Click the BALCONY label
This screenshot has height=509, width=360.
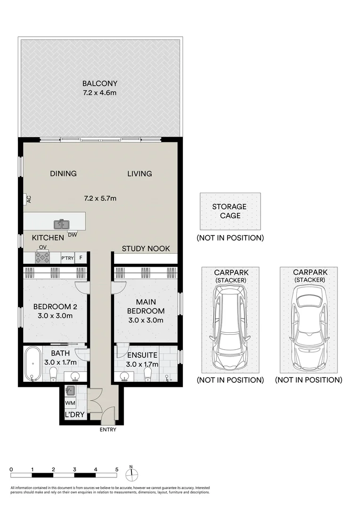(99, 83)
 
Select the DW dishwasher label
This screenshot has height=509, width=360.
(73, 234)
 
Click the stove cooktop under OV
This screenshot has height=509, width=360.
(42, 257)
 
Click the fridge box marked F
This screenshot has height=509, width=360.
(81, 258)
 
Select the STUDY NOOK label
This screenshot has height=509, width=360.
(146, 248)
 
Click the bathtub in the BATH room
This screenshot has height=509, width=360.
(33, 363)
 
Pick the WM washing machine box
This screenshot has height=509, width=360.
(70, 403)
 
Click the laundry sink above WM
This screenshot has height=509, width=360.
(70, 390)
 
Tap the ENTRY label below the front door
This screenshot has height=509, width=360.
(108, 429)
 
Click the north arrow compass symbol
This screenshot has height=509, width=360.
(131, 471)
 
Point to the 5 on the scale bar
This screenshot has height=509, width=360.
(116, 469)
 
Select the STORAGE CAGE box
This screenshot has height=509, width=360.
(229, 211)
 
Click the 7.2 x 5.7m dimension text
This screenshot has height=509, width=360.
(99, 198)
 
